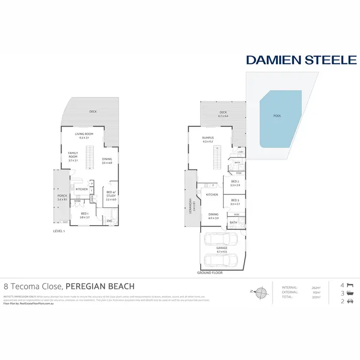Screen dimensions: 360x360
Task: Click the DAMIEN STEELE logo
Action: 301,60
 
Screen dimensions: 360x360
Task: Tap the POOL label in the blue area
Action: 277,116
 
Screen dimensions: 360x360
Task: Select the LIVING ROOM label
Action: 84,134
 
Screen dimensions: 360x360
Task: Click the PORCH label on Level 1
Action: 62,196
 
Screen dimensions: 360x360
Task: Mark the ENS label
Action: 109,221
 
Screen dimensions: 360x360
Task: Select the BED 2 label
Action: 235,182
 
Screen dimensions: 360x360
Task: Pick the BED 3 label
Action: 235,202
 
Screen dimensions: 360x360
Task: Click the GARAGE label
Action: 222,249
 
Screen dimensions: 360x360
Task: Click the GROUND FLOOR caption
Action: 210,273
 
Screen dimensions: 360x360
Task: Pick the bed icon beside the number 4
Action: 350,284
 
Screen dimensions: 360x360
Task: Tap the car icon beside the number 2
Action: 350,301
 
